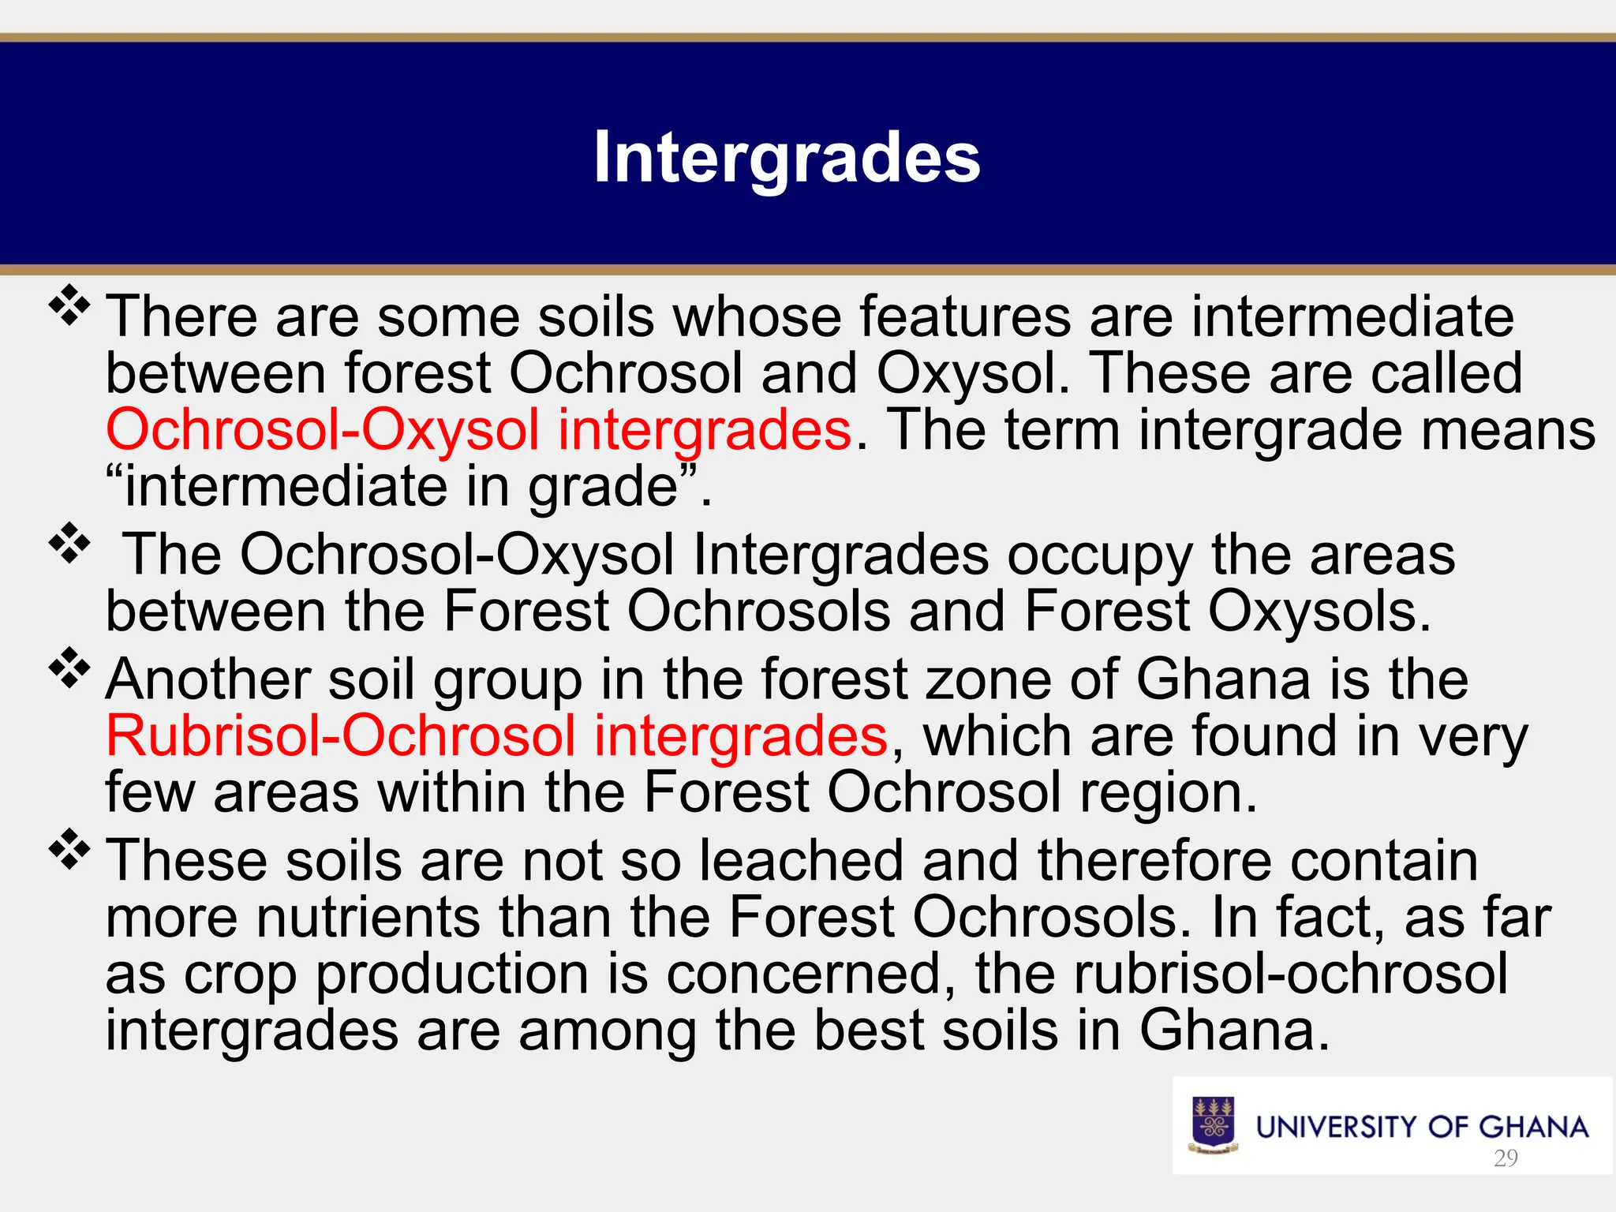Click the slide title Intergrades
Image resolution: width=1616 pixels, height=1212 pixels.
(x=787, y=158)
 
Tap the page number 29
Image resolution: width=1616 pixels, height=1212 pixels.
(x=1506, y=1158)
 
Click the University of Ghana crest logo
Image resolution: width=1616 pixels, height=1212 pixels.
(x=1214, y=1125)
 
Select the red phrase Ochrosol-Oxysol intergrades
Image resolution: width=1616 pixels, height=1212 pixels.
(x=479, y=430)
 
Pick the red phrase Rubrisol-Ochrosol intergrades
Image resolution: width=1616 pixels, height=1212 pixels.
(x=497, y=735)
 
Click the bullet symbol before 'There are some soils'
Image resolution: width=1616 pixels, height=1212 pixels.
(x=70, y=305)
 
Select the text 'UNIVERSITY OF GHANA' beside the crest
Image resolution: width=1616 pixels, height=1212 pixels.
(x=1422, y=1127)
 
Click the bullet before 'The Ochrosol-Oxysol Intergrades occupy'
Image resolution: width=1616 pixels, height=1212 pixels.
(x=70, y=544)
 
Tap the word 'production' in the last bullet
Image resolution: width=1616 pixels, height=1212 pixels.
(x=453, y=975)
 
